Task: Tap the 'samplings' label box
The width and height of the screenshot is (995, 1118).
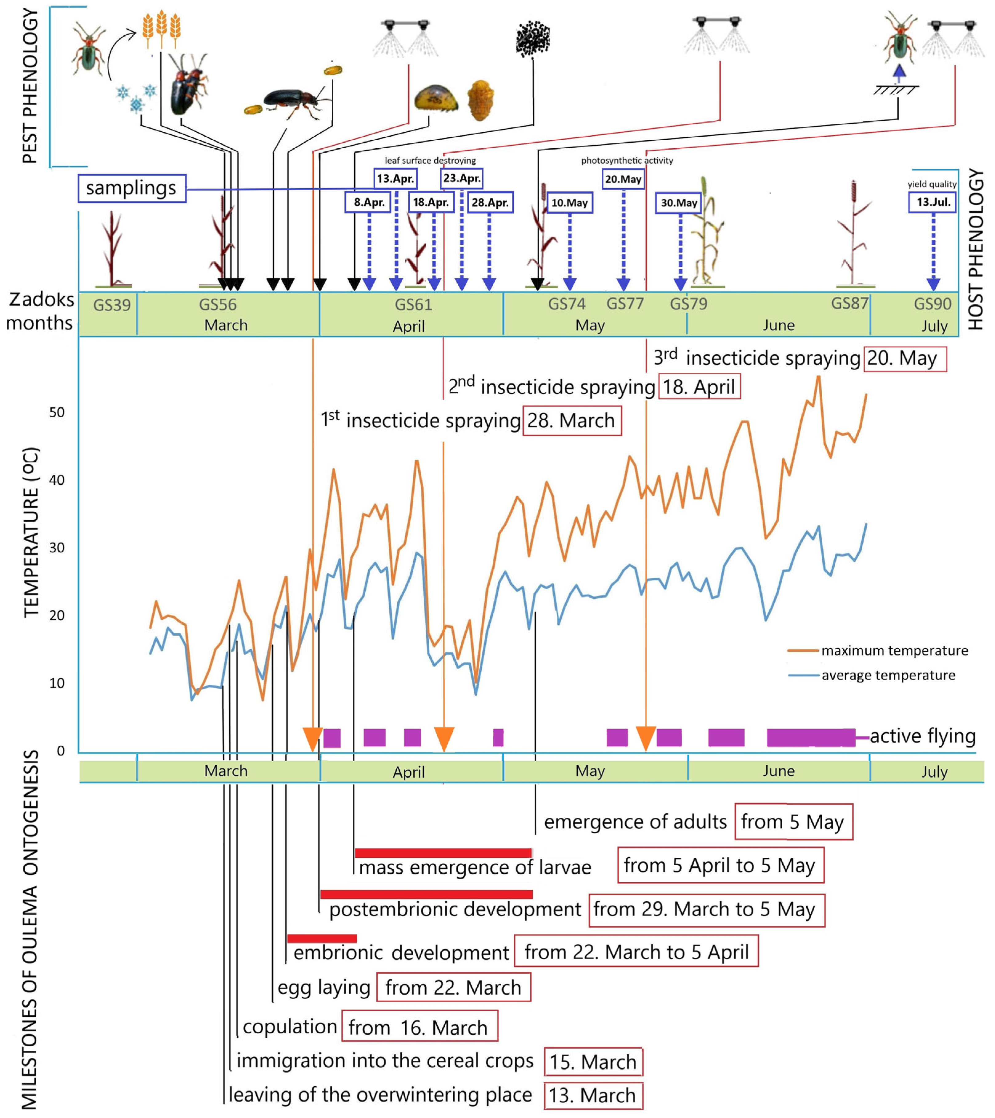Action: [131, 188]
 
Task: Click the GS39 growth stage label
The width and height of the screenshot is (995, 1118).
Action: [112, 305]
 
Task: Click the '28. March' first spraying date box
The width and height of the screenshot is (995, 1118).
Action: [572, 421]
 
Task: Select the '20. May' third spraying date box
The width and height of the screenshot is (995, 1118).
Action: [905, 359]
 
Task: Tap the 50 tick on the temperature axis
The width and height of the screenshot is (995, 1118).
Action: [57, 412]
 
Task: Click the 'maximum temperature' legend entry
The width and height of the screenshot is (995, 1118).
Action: [894, 650]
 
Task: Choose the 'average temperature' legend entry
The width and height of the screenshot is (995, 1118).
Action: [888, 675]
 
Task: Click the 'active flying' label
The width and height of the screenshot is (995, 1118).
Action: [922, 736]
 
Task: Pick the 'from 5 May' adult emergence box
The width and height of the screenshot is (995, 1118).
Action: [793, 822]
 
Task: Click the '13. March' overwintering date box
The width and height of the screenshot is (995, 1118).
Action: [593, 1096]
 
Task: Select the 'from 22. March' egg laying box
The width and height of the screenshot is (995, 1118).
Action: [453, 987]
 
